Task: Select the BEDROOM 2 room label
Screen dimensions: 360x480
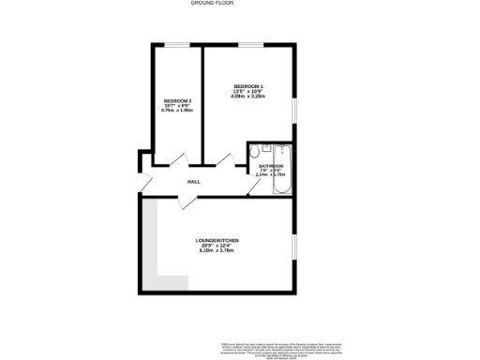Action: pyautogui.click(x=177, y=100)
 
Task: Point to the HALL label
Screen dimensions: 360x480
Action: pyautogui.click(x=194, y=181)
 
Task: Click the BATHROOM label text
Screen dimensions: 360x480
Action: pyautogui.click(x=271, y=165)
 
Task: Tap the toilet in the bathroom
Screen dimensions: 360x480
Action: pyautogui.click(x=266, y=148)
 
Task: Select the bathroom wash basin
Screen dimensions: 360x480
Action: pyautogui.click(x=253, y=148)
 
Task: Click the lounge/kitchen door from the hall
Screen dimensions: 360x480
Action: pyautogui.click(x=169, y=200)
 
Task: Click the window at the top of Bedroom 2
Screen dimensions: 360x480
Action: pyautogui.click(x=176, y=44)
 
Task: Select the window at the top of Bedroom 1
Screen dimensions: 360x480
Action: pyautogui.click(x=249, y=44)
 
